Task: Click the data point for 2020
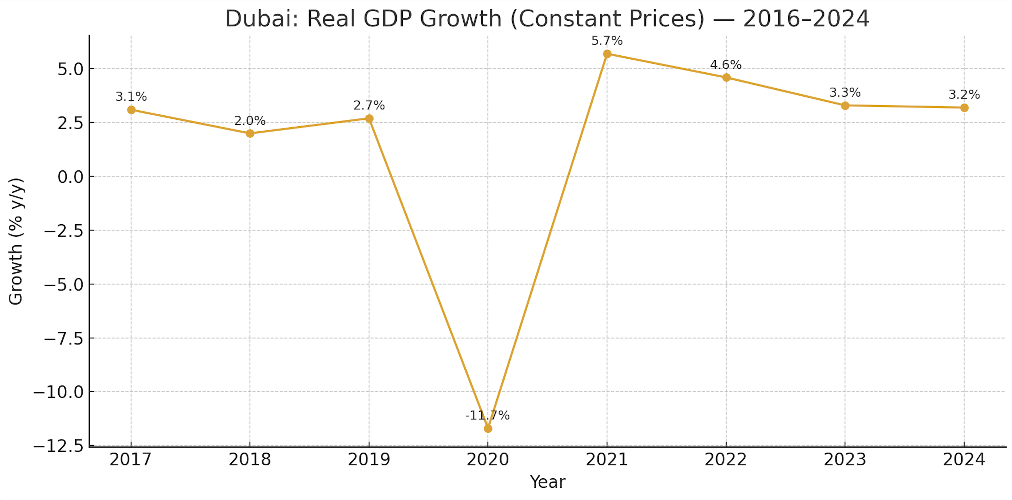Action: tap(488, 429)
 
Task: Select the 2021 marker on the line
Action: tap(607, 54)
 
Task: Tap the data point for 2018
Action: tap(250, 134)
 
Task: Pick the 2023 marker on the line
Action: tap(845, 106)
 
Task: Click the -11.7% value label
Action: tap(487, 415)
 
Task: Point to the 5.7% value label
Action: tap(607, 41)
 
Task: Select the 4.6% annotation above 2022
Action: tap(725, 64)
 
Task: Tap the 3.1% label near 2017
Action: tap(131, 96)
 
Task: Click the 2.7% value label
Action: tap(369, 105)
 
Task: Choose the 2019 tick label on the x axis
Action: tap(369, 459)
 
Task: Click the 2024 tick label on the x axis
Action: tap(964, 459)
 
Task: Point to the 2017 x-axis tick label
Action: tap(130, 459)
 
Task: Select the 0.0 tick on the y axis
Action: tap(71, 177)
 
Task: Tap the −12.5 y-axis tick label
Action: tap(59, 446)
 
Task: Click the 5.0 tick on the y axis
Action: tap(71, 69)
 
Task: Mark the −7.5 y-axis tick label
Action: tap(64, 339)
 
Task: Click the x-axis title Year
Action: tap(547, 482)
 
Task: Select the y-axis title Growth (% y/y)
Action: tap(16, 241)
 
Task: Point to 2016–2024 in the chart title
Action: tap(806, 18)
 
